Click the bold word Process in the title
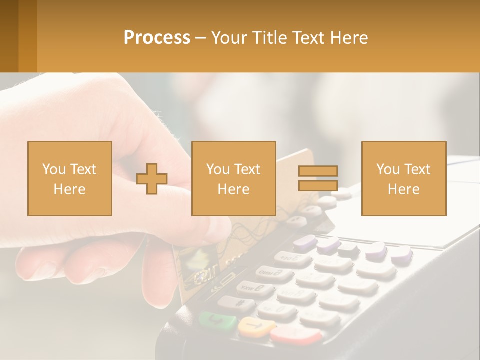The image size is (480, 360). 157,38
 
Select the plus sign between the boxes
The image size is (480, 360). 152,179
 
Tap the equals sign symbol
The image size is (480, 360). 318,179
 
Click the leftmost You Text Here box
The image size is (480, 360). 69,179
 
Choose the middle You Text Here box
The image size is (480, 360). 233,179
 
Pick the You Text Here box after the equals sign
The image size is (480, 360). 403,179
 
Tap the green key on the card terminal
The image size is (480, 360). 217,320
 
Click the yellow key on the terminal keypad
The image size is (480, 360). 256,327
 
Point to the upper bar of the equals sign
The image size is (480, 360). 318,171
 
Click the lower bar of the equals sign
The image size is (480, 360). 318,186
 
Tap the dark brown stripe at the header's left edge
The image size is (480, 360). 9,36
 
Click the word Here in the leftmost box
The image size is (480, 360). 69,189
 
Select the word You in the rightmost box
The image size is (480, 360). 388,169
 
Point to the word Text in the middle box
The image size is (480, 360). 246,169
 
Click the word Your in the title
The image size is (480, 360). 228,38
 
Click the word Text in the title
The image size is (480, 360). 308,38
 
